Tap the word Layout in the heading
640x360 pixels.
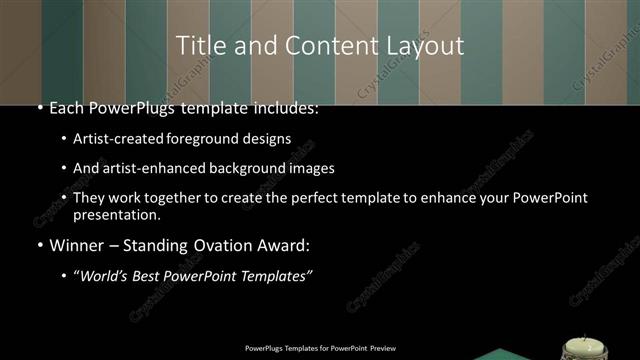tap(427, 45)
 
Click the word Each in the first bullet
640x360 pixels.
tap(67, 108)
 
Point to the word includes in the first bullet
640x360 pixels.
tap(284, 108)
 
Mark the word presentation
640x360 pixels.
tap(118, 215)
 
